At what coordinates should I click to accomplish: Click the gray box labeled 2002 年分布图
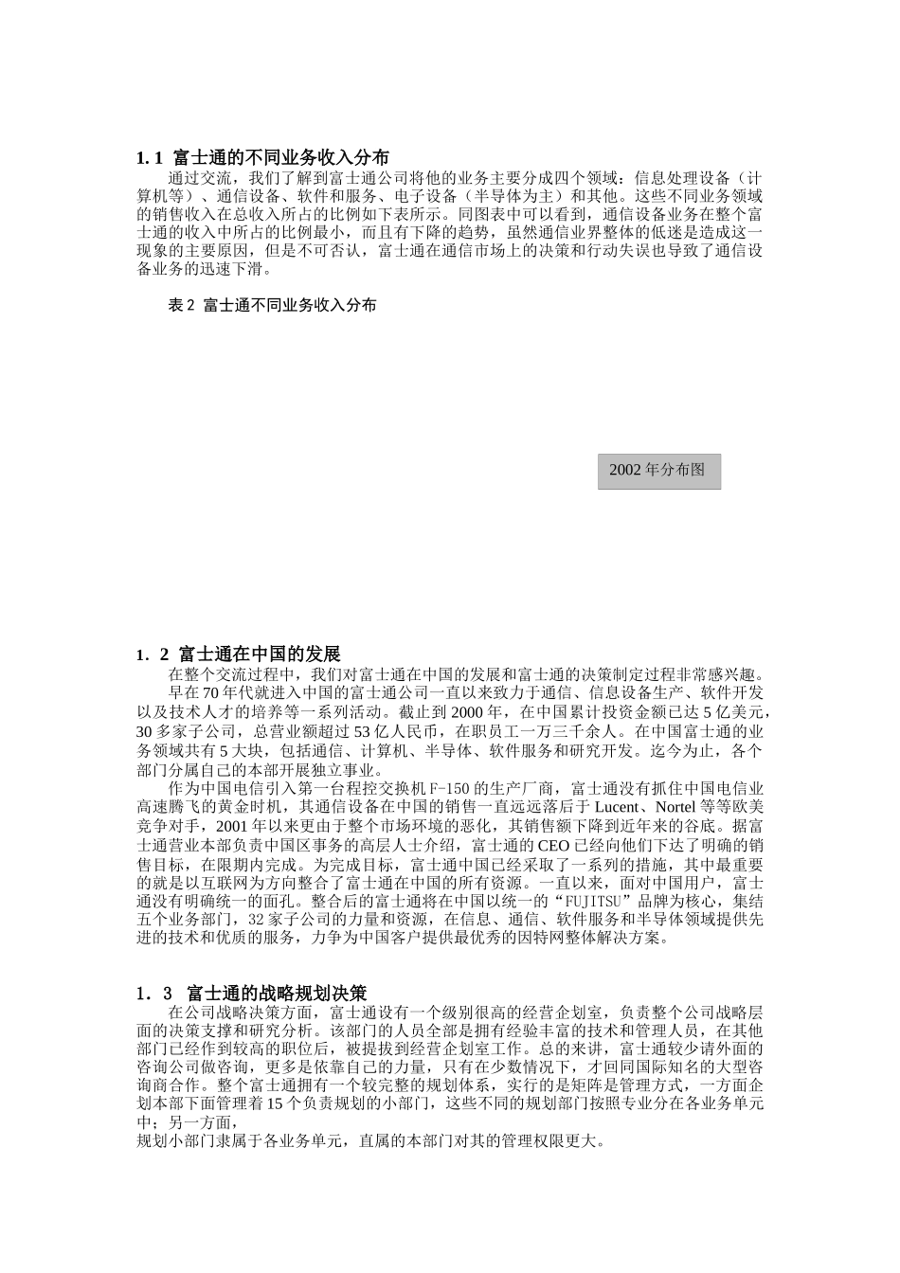coord(658,471)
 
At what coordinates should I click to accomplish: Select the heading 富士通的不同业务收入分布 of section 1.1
coord(280,157)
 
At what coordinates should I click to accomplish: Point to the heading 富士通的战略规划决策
coord(277,994)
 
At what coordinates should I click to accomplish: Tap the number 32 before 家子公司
coord(256,921)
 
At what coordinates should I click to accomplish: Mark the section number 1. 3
coord(154,994)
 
